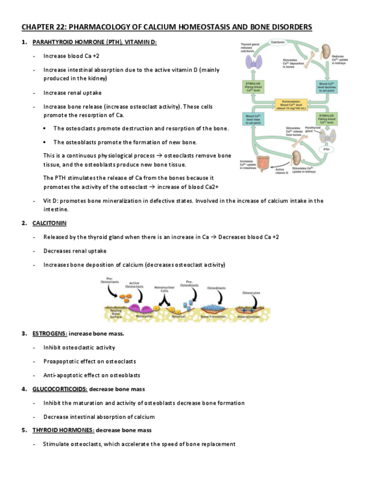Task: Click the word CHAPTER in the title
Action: tap(38, 27)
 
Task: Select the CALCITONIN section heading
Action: tap(50, 223)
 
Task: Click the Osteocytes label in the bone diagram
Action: tap(251, 293)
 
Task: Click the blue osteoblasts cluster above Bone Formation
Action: tap(213, 308)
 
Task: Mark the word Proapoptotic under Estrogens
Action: tap(62, 361)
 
